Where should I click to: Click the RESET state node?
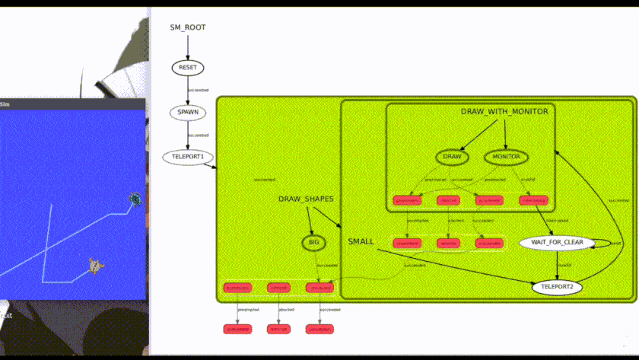[187, 67]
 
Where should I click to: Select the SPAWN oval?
[187, 112]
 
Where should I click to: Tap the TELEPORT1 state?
[188, 157]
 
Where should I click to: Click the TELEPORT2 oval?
[557, 288]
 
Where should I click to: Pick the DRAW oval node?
[452, 158]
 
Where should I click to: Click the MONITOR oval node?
[506, 158]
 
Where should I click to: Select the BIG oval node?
[313, 243]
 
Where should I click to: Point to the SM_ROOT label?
[187, 27]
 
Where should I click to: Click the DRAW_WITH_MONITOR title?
[504, 112]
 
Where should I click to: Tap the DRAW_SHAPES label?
[306, 199]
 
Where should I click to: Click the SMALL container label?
[361, 241]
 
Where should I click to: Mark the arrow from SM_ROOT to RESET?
[187, 45]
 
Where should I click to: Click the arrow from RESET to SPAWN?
[187, 89]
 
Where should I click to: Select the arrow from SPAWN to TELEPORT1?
[187, 135]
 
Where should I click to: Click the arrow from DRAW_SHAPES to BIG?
[310, 220]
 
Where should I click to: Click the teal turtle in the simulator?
[135, 199]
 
